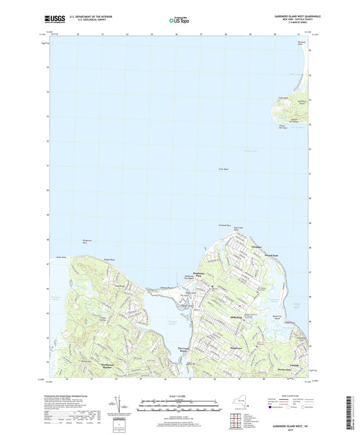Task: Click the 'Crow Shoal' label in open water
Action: (224, 168)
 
